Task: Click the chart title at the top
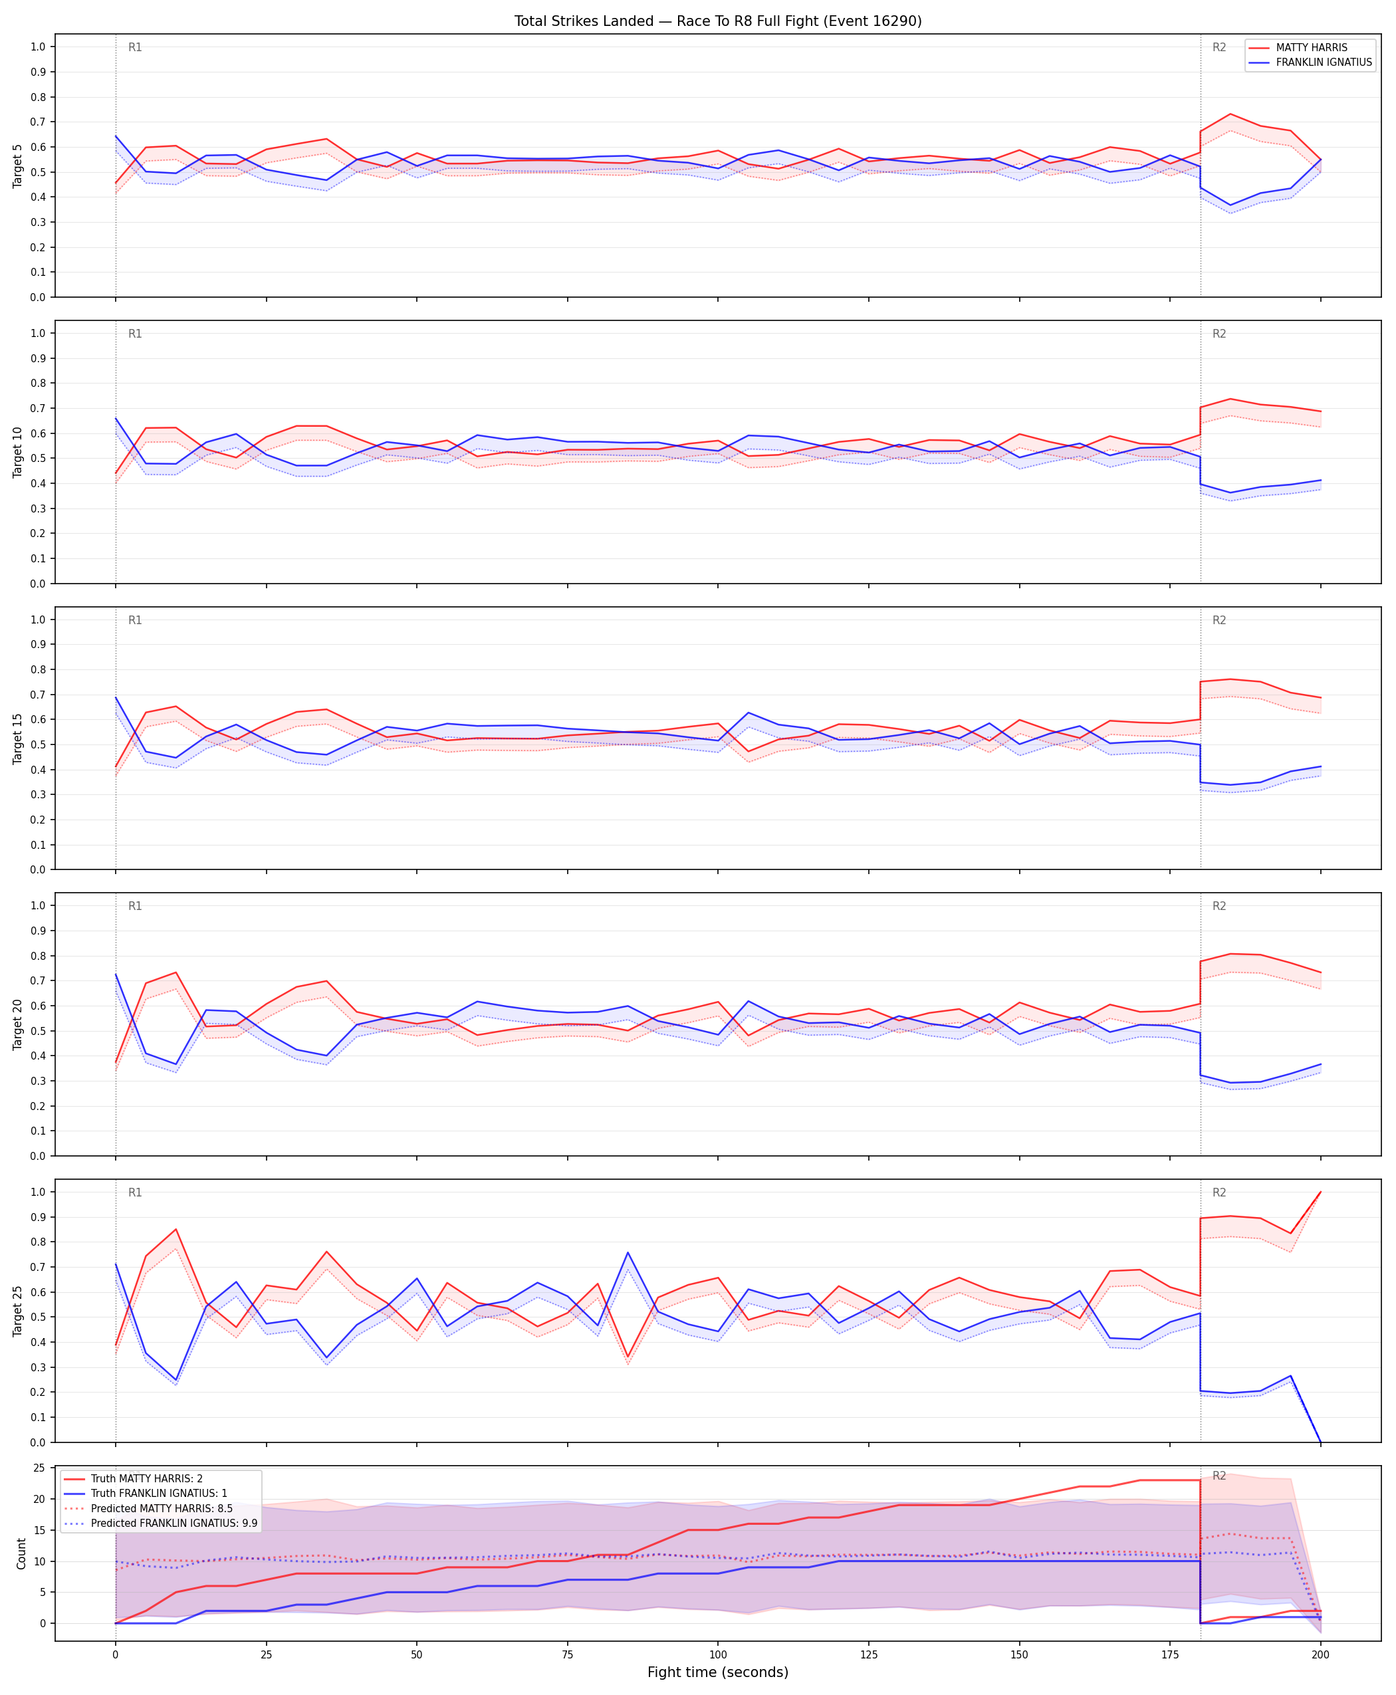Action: pos(718,21)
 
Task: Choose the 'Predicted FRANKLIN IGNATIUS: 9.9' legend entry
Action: pos(160,1523)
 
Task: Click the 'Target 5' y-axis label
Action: pos(18,166)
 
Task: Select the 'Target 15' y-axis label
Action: pos(18,738)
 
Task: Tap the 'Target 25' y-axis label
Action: pos(18,1311)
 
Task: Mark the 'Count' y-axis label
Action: pos(21,1553)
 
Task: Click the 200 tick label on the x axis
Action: pos(1320,1648)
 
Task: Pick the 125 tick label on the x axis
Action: pos(868,1648)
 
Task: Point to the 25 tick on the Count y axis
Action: pos(39,1468)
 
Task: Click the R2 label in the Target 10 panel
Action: pos(1219,334)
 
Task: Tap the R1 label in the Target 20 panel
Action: pos(135,906)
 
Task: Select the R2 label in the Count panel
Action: pos(1219,1476)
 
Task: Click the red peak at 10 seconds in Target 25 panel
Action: pos(176,1230)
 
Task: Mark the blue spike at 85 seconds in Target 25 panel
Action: pos(628,1252)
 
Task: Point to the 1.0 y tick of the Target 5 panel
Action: pos(37,47)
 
